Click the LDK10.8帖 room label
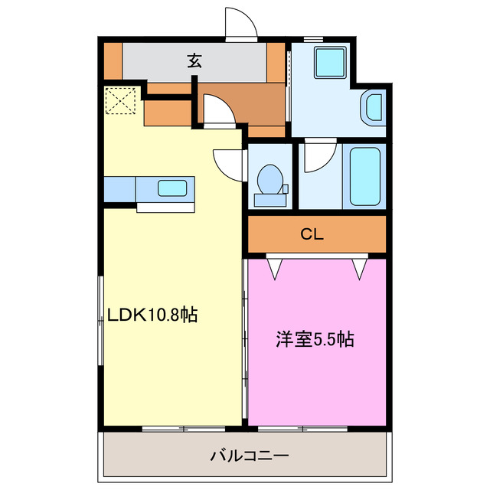pos(152,314)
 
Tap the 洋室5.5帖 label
pos(315,339)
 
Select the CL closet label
pos(312,234)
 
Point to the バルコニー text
pos(250,457)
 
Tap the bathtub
pos(365,175)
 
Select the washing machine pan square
pos(331,61)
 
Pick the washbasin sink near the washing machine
pos(374,106)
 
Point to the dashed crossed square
pos(120,101)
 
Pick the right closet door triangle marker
pos(358,267)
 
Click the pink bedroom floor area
pos(315,383)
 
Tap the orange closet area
pos(352,234)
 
